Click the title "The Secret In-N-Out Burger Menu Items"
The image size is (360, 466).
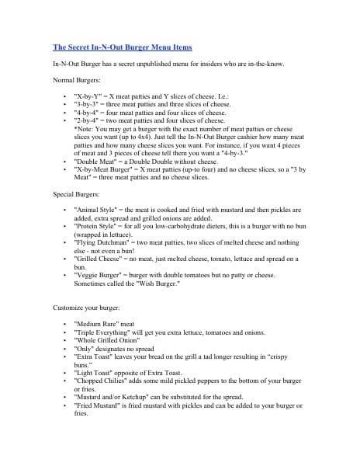point(121,47)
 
